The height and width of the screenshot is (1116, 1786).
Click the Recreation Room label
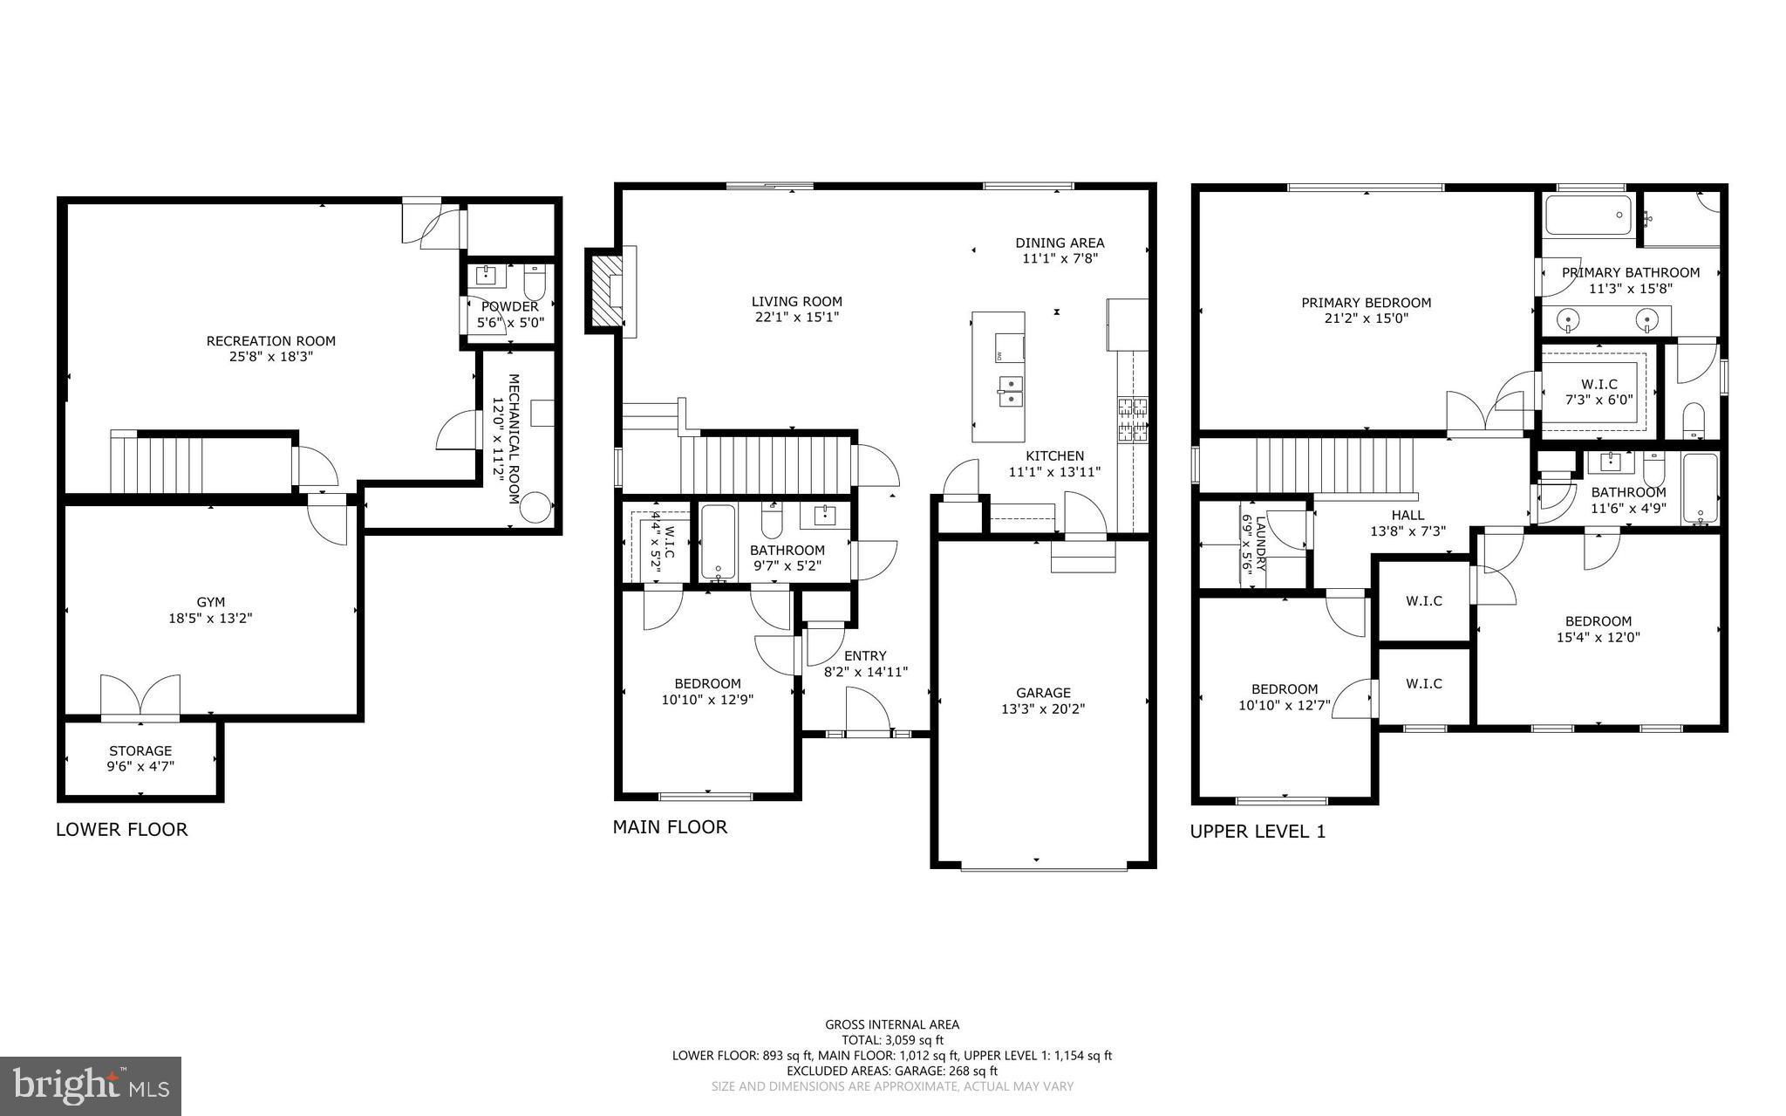click(x=270, y=341)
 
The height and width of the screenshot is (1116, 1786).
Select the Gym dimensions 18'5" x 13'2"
click(x=210, y=619)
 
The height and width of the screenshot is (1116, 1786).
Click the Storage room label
click(x=140, y=750)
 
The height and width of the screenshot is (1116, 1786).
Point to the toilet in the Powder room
click(x=534, y=283)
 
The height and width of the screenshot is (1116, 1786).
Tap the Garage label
click(x=1043, y=693)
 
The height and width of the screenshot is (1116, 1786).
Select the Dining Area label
click(x=1060, y=243)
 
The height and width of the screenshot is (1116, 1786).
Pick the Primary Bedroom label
click(x=1366, y=303)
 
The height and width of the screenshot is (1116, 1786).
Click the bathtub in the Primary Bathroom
click(x=1587, y=214)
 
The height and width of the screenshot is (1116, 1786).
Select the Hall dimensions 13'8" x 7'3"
click(x=1408, y=531)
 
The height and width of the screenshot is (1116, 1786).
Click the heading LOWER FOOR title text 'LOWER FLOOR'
click(x=121, y=830)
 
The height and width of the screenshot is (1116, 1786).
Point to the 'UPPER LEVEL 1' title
click(x=1257, y=832)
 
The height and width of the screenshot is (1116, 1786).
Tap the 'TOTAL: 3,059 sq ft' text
click(x=892, y=1040)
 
